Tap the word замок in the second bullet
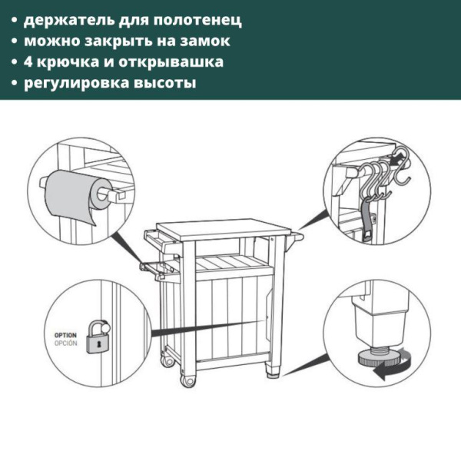[x=204, y=40]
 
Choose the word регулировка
[x=77, y=82]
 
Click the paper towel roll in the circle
[x=71, y=197]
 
